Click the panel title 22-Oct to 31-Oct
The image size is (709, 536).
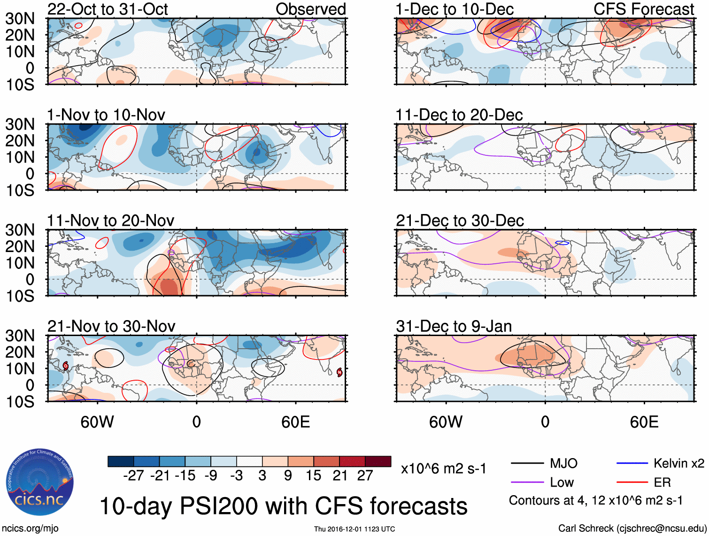click(x=108, y=9)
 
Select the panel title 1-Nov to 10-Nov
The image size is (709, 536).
click(x=106, y=115)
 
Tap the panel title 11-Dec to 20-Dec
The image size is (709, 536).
click(x=459, y=115)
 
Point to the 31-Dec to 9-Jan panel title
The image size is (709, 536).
click(x=454, y=326)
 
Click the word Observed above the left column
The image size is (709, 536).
click(x=311, y=9)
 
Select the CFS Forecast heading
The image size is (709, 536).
click(x=644, y=9)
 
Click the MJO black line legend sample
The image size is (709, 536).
click(x=527, y=464)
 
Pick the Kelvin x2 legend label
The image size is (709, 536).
click(x=678, y=464)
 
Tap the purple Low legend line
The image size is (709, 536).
click(x=527, y=482)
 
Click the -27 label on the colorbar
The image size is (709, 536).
click(x=133, y=476)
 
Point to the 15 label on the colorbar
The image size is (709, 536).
click(x=313, y=476)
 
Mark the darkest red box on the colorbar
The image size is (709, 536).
click(x=378, y=461)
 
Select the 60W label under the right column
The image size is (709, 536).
click(x=446, y=422)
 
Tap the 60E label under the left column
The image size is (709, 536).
click(x=295, y=422)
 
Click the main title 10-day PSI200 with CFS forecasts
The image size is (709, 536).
click(x=284, y=506)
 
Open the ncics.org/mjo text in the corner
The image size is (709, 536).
click(x=30, y=528)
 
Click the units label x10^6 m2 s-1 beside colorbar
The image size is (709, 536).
click(x=443, y=468)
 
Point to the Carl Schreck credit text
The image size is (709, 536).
click(x=632, y=528)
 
